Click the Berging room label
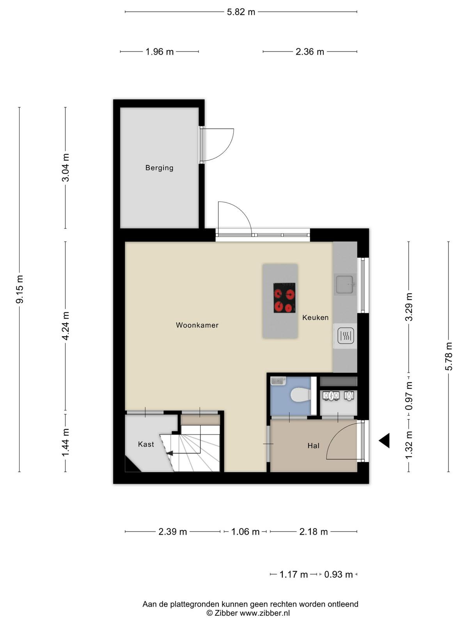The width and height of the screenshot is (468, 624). point(159,168)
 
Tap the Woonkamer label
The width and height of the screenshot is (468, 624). point(197,325)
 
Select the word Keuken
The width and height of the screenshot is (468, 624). point(315,317)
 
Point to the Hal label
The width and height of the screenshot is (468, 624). point(313,445)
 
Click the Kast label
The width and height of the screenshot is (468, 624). point(146,444)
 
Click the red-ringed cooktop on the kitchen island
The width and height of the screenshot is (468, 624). point(284,298)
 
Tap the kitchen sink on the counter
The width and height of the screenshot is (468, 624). point(345,284)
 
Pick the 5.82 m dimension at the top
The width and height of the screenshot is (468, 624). point(241,12)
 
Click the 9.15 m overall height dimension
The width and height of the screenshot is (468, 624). point(19,289)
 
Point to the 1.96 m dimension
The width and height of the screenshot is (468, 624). point(160,52)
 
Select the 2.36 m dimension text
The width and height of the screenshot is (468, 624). point(310,52)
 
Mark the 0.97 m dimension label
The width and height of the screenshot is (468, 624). point(409,396)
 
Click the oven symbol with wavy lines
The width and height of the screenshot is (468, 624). point(346,336)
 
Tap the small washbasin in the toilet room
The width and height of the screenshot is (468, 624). point(278,381)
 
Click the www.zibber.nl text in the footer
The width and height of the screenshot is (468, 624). point(265,613)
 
